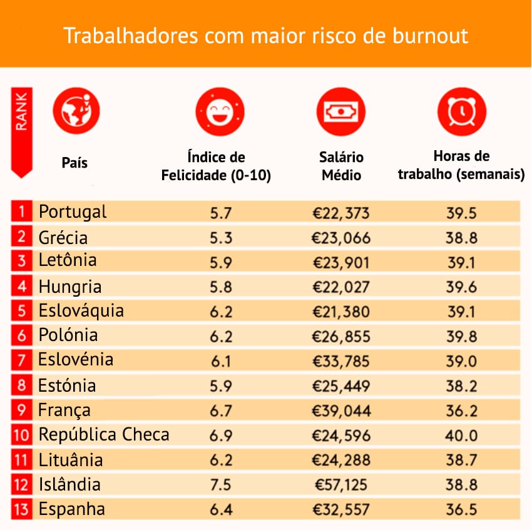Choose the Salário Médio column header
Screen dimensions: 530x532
coord(341,166)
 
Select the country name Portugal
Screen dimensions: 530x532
coord(73,212)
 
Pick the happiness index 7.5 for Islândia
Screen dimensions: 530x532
coord(221,485)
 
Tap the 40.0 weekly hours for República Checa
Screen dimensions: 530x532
coord(462,436)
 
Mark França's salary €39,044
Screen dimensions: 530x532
coord(342,411)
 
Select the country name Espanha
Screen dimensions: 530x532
coord(73,509)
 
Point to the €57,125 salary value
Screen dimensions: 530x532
coord(342,485)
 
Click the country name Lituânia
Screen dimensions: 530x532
coord(71,461)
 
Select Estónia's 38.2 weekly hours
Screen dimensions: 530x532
coord(462,386)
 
